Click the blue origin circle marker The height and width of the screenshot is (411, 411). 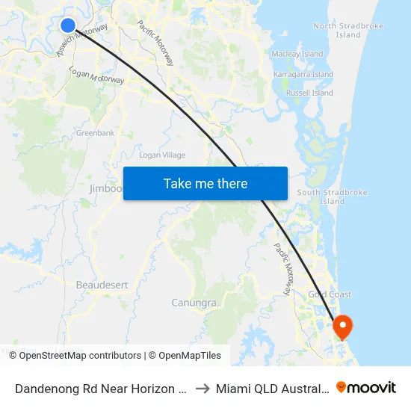click(68, 25)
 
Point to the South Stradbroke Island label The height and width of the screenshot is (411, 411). click(332, 197)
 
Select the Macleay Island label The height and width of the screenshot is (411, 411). click(297, 54)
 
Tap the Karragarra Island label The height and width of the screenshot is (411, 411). click(303, 75)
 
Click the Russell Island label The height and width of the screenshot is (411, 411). click(309, 93)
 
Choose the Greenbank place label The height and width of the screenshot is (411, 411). click(95, 133)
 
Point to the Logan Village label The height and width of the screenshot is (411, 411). click(162, 155)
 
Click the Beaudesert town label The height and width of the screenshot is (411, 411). click(102, 285)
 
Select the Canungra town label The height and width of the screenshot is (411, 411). click(194, 303)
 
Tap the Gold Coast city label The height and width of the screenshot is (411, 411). click(330, 294)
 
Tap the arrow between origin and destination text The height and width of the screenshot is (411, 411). click(202, 388)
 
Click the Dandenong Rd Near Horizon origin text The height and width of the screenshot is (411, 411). click(100, 388)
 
